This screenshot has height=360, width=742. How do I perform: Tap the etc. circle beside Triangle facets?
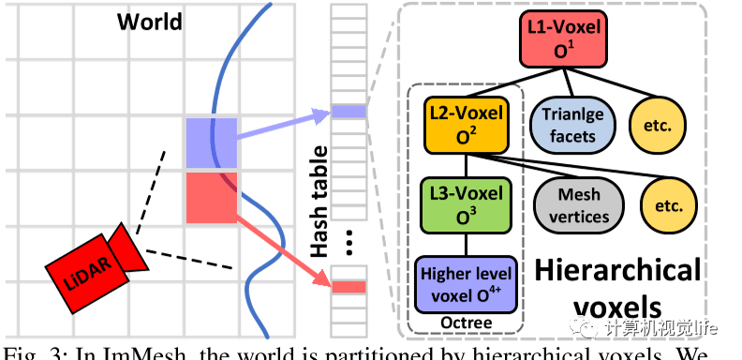[657, 125]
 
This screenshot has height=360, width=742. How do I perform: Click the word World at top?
[149, 21]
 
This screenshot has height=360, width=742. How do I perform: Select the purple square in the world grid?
[212, 143]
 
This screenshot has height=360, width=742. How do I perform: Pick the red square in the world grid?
[212, 198]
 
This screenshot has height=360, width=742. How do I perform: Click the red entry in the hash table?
[349, 286]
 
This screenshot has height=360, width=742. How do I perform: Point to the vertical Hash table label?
[319, 202]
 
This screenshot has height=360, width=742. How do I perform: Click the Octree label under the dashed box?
[467, 323]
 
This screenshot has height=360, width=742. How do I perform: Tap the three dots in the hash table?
[349, 242]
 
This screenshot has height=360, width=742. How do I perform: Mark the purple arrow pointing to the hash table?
[281, 127]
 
